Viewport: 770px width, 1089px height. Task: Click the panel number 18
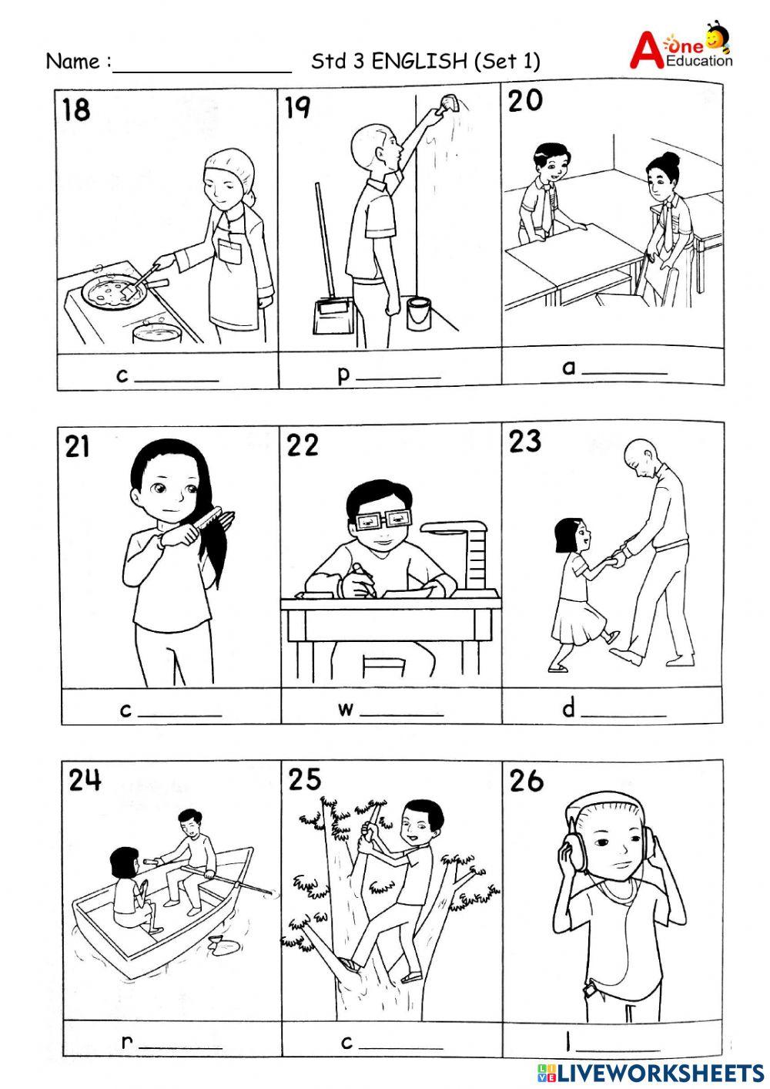pyautogui.click(x=76, y=109)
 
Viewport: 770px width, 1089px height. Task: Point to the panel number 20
pyautogui.click(x=525, y=101)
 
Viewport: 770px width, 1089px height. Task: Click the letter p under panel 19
pyautogui.click(x=343, y=375)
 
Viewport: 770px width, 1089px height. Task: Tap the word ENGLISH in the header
pyautogui.click(x=419, y=62)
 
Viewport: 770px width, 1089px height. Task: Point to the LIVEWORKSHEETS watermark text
pyautogui.click(x=661, y=1072)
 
